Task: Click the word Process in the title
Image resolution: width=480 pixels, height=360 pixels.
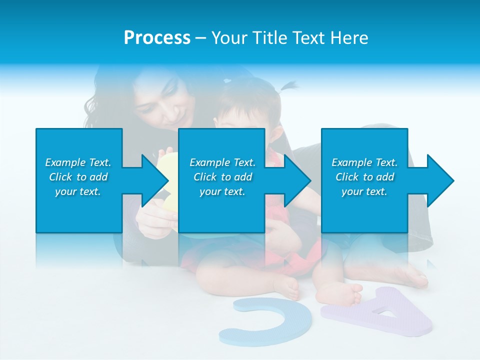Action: pos(157,38)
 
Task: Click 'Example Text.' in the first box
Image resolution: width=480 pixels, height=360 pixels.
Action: pos(78,162)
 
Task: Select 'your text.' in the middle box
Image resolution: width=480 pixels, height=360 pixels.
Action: pos(222,191)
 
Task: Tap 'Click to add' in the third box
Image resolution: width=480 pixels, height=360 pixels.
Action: pos(364,177)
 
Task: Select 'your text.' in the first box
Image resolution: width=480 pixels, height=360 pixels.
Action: pos(78,191)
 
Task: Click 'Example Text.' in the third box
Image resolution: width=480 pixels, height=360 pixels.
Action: pos(364,162)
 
